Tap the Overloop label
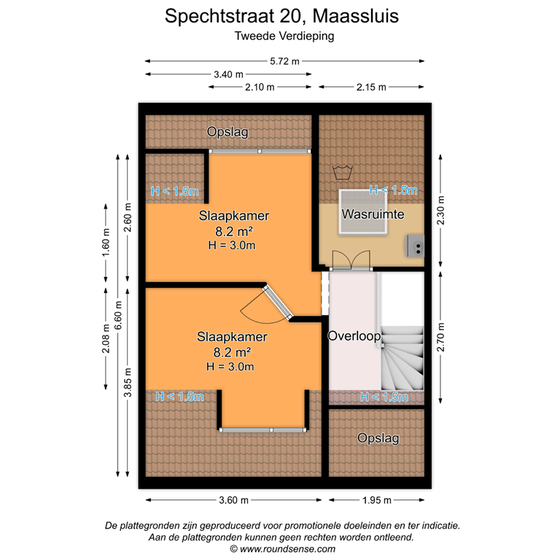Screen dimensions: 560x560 354,336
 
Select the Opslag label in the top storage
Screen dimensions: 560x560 227,132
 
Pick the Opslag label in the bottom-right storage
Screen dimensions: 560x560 378,437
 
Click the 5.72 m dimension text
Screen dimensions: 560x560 284,61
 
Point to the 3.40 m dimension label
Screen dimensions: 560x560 228,74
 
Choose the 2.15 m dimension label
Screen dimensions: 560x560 370,87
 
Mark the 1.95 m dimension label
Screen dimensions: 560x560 376,500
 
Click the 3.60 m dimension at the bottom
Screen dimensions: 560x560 233,500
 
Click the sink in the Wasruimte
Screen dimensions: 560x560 416,246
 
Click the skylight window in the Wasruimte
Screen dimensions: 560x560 362,212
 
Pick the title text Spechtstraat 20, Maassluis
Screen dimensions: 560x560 281,16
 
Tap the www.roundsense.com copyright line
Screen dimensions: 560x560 283,548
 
